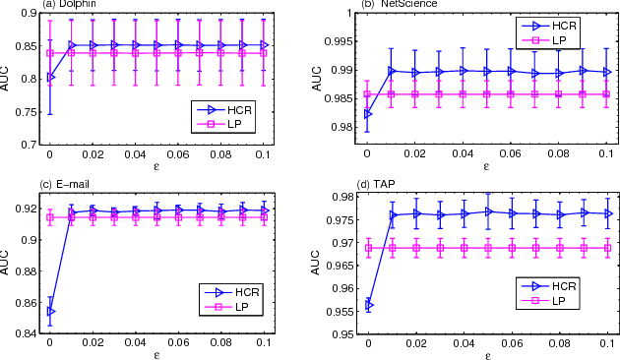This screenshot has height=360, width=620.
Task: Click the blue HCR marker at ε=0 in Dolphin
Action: click(50, 77)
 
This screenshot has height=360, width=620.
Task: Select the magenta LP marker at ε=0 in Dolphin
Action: click(50, 53)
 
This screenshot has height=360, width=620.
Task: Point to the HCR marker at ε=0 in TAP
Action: click(369, 306)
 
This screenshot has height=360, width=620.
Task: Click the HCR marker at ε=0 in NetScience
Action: click(368, 114)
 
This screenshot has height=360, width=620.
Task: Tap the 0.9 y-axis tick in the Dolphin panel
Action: click(31, 13)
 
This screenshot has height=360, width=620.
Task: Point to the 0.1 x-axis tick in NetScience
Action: click(608, 155)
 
